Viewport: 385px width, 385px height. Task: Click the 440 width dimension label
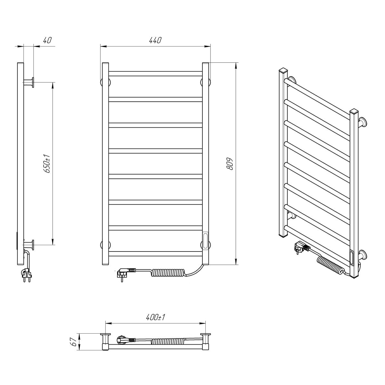point(155,40)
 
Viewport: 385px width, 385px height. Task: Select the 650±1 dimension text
point(47,164)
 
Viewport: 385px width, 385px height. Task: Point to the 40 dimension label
point(47,40)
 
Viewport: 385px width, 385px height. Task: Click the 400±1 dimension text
point(155,317)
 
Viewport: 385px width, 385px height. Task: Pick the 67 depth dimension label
point(74,342)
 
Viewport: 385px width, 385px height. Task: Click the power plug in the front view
point(126,273)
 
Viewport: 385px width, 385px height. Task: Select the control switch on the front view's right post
point(205,240)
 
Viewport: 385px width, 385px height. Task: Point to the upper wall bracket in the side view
point(29,82)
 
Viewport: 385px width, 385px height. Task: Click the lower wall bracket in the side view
point(29,245)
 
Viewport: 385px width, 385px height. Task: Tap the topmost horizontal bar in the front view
point(155,73)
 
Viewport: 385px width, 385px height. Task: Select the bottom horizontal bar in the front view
point(155,254)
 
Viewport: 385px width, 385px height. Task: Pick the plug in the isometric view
point(302,248)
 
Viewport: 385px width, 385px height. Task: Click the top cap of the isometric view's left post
point(283,70)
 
